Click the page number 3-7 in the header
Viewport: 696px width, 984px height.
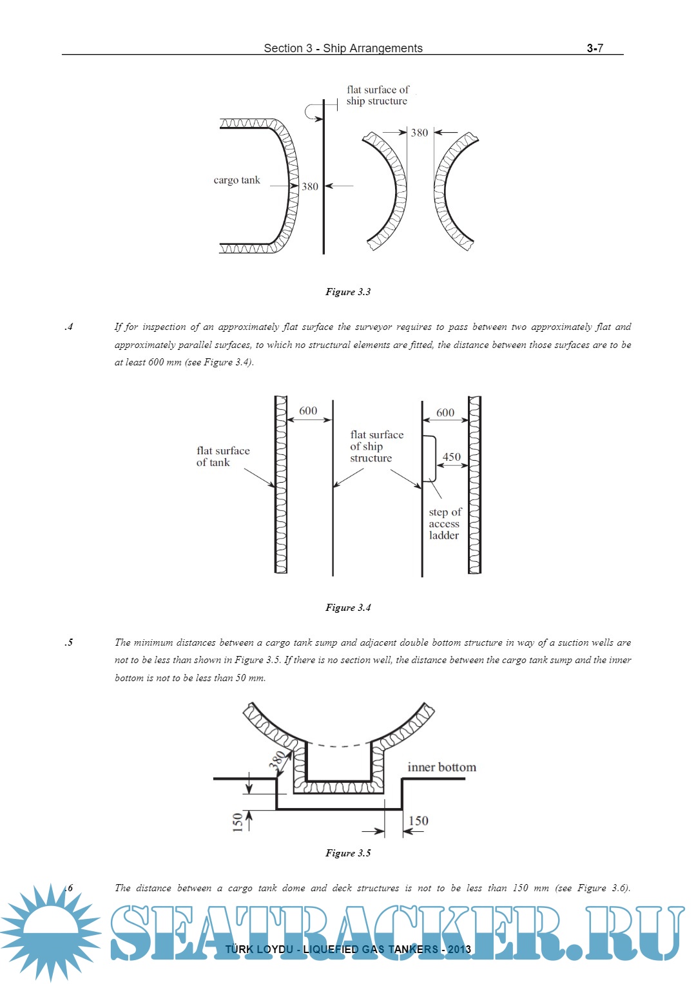[x=594, y=48]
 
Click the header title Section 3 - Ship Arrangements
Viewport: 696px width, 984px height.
[x=343, y=48]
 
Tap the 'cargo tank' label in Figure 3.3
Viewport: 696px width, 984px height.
[x=237, y=180]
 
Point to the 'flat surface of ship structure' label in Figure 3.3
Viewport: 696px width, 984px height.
[x=378, y=95]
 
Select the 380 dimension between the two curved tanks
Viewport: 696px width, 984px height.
[x=419, y=133]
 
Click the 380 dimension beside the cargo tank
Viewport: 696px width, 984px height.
[x=310, y=186]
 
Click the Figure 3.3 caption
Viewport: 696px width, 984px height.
[x=348, y=292]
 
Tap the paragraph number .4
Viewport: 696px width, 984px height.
[x=69, y=327]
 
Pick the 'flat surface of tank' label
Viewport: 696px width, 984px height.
[x=222, y=456]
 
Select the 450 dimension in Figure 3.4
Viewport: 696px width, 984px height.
[x=451, y=457]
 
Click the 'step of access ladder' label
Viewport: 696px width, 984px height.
[x=445, y=523]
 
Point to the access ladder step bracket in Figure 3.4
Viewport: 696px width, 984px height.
[x=430, y=459]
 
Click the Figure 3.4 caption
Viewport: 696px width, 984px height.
[x=348, y=608]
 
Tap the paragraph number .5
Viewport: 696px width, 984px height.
[x=69, y=642]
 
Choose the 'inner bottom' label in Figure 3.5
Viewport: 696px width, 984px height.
[x=441, y=767]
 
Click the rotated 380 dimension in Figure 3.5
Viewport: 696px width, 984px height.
[x=276, y=761]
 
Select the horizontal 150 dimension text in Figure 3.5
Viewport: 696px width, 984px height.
[x=418, y=821]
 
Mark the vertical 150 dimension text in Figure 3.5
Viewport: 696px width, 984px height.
[x=238, y=822]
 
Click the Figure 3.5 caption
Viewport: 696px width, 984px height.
[x=348, y=853]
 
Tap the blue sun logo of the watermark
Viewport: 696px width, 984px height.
[x=50, y=932]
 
